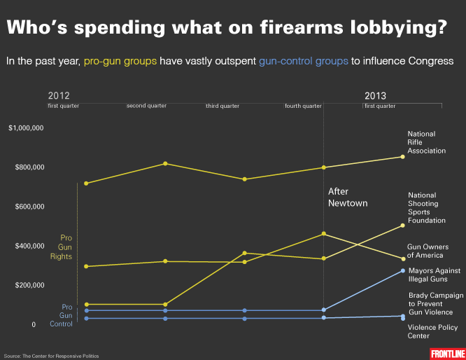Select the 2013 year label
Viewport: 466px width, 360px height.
(x=375, y=96)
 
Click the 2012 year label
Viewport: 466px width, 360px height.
(x=59, y=96)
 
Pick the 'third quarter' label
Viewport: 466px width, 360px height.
(x=223, y=106)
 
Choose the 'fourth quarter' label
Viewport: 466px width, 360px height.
(x=304, y=106)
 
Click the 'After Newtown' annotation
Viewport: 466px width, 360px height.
(x=348, y=197)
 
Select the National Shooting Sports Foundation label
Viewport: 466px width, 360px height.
(x=426, y=208)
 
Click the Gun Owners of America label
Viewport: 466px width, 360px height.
(x=428, y=251)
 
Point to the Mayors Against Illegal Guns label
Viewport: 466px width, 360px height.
(x=434, y=274)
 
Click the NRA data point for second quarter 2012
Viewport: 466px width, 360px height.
(x=165, y=163)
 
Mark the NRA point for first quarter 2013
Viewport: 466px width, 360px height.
(x=402, y=156)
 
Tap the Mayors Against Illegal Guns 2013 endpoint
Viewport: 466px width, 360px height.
(x=402, y=270)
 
